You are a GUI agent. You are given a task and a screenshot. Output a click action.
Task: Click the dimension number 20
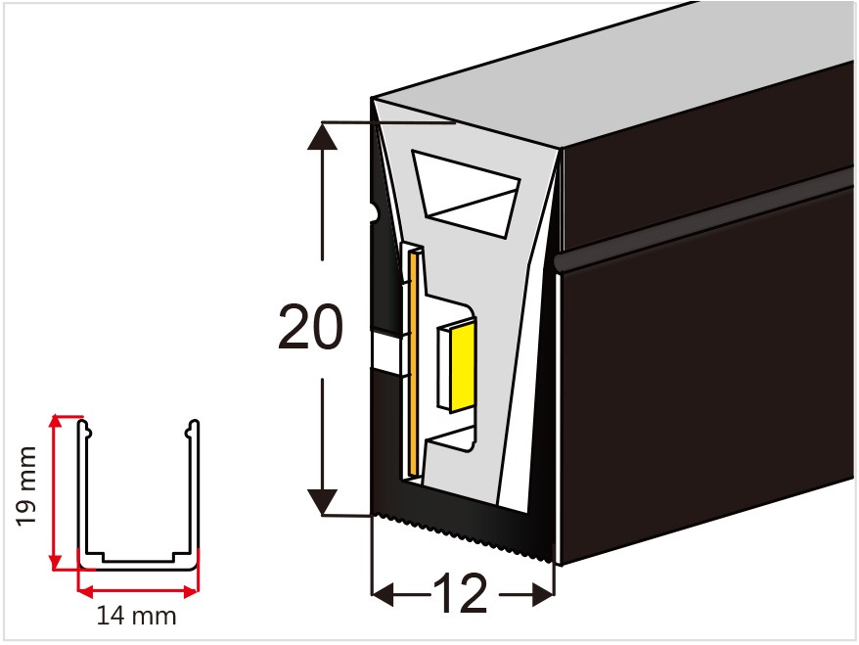310,327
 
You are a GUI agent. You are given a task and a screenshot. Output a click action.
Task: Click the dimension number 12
460,593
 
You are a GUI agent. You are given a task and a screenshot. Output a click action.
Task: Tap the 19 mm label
25,486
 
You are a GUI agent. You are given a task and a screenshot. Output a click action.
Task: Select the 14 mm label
136,616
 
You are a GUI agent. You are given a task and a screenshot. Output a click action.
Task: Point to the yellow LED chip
462,366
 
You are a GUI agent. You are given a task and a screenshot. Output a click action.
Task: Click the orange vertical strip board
414,363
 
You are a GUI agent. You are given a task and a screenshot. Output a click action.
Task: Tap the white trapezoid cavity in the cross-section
466,194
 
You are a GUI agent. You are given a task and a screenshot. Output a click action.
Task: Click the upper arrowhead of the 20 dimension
322,135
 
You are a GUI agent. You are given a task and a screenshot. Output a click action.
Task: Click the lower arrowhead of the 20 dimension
322,502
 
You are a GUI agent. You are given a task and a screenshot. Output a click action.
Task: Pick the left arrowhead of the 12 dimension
383,594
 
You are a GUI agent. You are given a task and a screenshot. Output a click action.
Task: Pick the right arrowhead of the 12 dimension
543,594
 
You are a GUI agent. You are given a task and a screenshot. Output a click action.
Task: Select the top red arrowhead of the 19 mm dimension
56,423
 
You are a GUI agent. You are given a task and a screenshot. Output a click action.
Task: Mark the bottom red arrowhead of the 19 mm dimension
56,563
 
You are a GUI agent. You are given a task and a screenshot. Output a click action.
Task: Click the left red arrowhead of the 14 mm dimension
85,591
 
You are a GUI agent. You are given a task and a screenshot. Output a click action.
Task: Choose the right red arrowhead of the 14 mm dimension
191,591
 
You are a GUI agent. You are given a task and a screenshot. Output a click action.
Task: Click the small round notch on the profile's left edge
374,211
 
